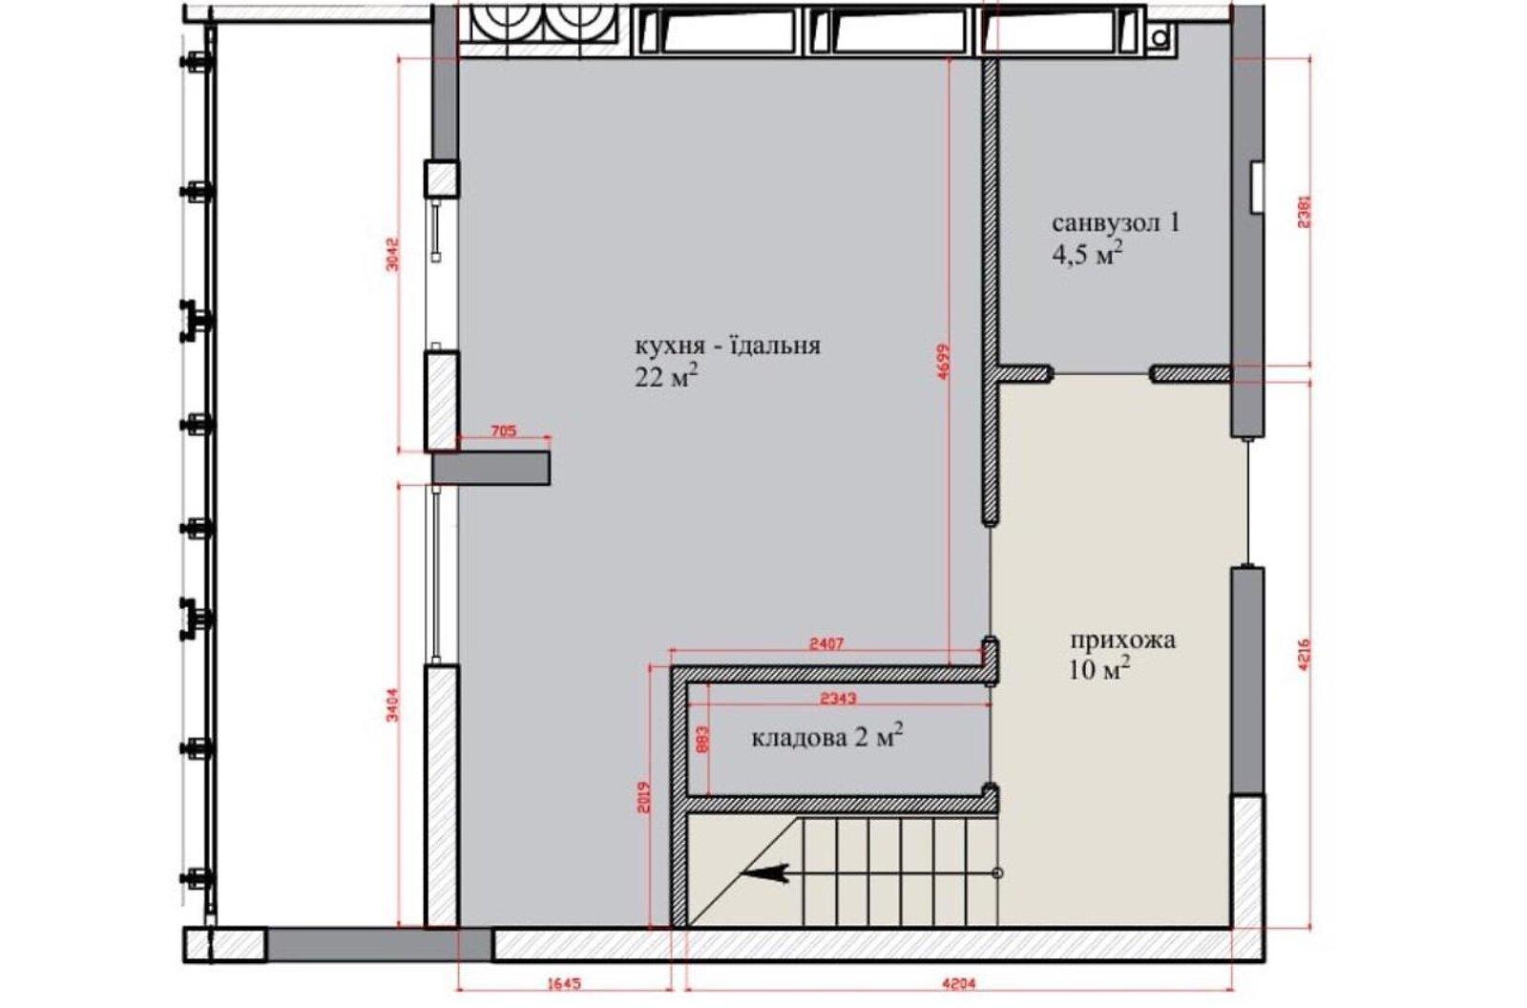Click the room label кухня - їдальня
pos(728,346)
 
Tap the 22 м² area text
pos(667,376)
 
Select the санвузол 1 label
pos(1116,223)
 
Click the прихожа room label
pos(1122,641)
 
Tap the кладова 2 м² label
pos(827,737)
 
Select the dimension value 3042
pos(392,255)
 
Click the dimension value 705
pos(504,431)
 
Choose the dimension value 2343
pos(837,699)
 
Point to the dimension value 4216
pos(1305,654)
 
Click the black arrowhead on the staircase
pos(764,873)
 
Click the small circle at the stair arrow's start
pos(997,873)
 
